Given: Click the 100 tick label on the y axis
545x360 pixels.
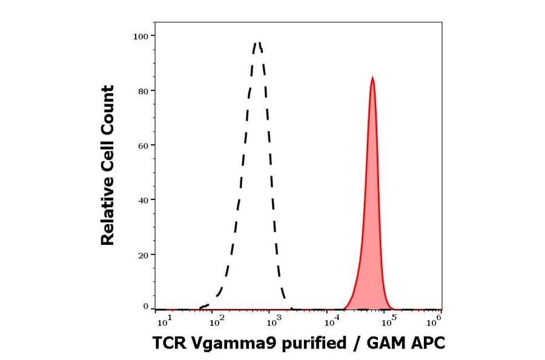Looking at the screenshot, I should (141, 36).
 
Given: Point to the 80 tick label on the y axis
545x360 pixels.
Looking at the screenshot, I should (144, 91).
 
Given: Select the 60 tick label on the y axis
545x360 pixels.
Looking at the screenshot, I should (144, 145).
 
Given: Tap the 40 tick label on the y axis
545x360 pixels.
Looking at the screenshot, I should (144, 200).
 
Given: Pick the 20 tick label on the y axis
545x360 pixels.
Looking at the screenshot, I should (144, 255).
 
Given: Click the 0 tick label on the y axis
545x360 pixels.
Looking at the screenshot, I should (146, 307).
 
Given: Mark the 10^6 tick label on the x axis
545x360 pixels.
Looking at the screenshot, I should (434, 318).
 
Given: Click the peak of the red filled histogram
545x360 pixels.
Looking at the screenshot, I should (372, 78).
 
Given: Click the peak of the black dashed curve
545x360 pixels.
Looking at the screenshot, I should (258, 42).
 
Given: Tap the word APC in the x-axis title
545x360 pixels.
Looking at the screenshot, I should (429, 344).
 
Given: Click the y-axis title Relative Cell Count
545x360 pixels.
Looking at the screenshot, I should (108, 165).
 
